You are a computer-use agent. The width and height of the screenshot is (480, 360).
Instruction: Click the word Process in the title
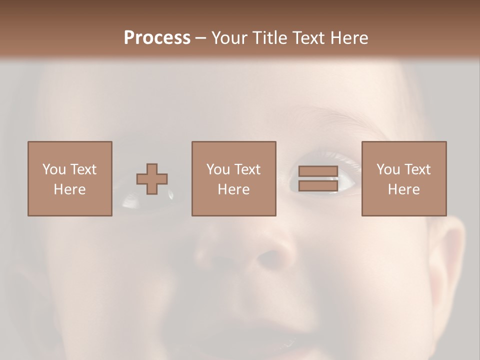[x=157, y=37]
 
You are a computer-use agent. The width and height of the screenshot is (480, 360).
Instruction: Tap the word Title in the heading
[x=269, y=38]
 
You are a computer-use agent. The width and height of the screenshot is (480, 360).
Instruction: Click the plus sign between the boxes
[x=152, y=179]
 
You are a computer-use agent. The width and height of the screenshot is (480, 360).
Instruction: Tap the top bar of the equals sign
[x=318, y=171]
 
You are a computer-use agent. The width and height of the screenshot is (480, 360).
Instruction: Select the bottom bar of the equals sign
[x=318, y=186]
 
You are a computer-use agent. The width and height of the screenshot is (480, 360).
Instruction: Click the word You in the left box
[x=54, y=169]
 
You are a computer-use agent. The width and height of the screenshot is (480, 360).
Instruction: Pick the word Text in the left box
[x=83, y=169]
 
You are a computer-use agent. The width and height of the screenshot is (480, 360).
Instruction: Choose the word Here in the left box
[x=69, y=189]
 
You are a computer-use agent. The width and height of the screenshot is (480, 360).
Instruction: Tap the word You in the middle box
[x=218, y=169]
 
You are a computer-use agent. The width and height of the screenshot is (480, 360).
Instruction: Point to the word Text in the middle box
[x=247, y=169]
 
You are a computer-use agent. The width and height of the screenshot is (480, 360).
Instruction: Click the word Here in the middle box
[x=233, y=189]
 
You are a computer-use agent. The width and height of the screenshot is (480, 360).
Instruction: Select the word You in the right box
[x=388, y=169]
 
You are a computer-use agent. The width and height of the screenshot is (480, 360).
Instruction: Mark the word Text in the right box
[x=417, y=169]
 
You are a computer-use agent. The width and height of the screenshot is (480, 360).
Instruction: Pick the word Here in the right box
[x=403, y=189]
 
